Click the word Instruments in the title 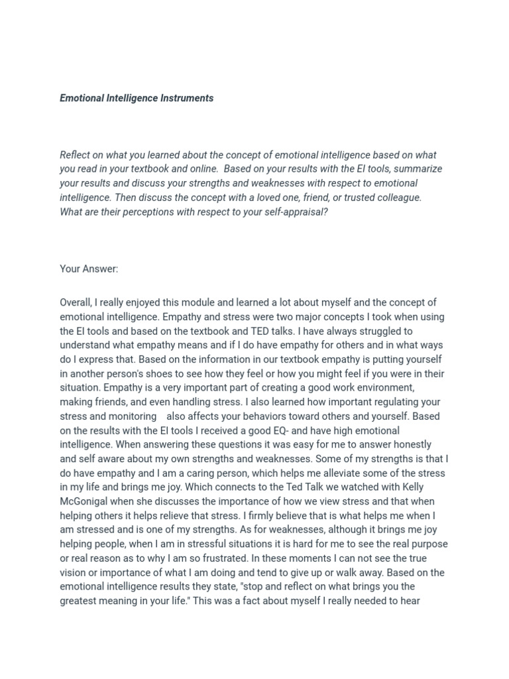pos(187,98)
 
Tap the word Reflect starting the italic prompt pos(75,155)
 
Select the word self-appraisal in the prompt pos(298,212)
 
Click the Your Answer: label pos(89,269)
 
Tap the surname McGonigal pos(85,501)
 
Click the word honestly pos(408,445)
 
